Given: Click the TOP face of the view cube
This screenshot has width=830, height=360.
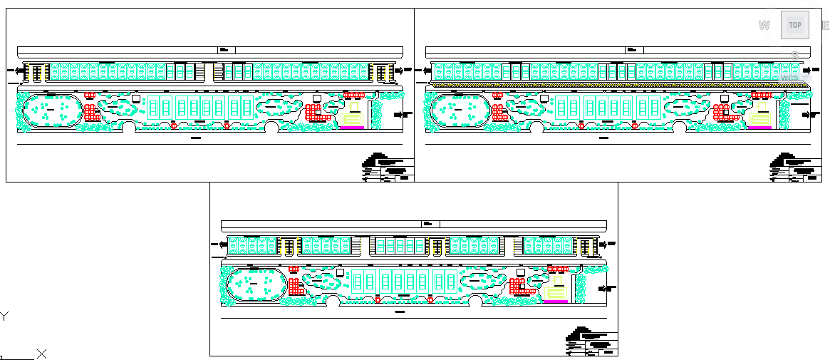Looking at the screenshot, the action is pos(794,25).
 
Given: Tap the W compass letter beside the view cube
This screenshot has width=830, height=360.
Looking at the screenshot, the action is pos(764,26).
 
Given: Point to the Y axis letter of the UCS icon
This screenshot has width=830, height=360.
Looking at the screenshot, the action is pos(4,316).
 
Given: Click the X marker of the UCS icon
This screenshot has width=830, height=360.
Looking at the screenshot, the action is pos(42,354).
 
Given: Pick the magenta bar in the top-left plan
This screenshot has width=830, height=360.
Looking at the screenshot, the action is pos(351,128).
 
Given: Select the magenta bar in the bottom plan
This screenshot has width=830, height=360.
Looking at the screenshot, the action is pos(555,302).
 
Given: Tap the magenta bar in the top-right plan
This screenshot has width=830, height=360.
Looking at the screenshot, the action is pos(759,128).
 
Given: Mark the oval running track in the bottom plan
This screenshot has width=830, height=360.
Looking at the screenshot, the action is pos(255,287).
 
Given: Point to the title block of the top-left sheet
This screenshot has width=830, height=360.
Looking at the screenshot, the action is pos(388,169).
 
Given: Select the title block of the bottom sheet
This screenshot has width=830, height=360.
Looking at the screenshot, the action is pos(591,343).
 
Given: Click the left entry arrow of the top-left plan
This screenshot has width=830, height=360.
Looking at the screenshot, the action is pos(19,70).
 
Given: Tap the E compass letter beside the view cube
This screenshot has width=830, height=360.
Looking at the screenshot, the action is pos(826,26).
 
